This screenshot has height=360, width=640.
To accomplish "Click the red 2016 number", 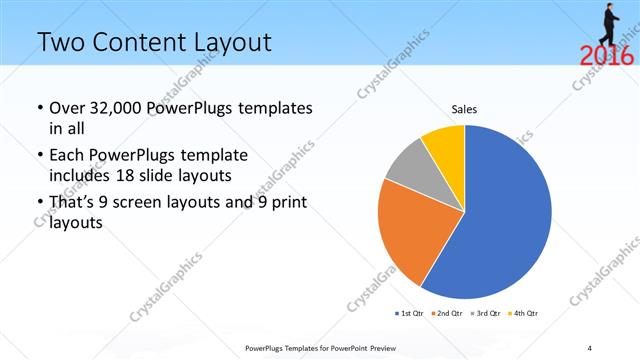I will pos(606,56).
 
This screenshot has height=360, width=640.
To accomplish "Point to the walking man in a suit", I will pos(612,22).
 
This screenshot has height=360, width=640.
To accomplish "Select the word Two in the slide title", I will pos(58,42).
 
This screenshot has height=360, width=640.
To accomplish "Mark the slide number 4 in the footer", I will pos(589,348).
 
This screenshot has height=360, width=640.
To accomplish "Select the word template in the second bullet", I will pos(211,156).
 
